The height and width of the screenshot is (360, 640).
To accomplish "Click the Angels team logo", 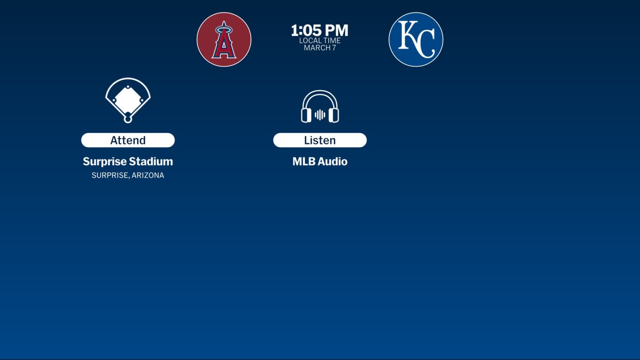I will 224,40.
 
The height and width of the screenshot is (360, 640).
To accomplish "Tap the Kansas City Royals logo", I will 415,40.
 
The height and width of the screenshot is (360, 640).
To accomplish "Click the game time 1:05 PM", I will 320,30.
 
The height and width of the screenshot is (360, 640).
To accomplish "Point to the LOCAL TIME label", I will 320,40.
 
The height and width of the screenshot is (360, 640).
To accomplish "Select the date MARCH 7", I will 320,48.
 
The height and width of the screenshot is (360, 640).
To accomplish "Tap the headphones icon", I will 320,107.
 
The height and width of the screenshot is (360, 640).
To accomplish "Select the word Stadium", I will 150,162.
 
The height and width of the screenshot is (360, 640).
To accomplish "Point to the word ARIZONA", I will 148,175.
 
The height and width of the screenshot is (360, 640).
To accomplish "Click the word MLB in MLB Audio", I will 303,162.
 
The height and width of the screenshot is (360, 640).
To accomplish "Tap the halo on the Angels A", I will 224,30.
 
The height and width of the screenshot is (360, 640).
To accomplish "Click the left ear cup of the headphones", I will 306,115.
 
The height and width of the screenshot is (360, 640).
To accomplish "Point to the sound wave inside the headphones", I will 320,115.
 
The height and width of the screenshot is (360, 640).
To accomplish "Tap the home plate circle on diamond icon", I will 128,119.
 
